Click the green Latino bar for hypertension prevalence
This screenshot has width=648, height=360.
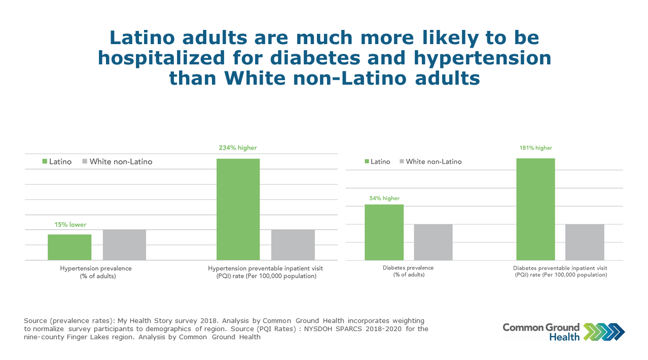pos(69,247)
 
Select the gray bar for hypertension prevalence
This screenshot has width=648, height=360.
pos(124,245)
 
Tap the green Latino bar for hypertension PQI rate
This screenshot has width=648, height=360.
pos(238,209)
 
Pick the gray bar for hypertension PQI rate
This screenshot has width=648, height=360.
pos(293,245)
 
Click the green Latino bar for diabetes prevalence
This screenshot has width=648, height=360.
pos(384,232)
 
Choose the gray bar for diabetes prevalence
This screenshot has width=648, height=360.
pos(433,242)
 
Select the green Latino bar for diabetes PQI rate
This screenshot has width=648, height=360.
pos(535,209)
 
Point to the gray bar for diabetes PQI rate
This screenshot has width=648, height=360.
pos(585,242)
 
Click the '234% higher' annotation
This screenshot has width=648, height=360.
pos(238,148)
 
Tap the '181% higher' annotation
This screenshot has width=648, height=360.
pos(535,148)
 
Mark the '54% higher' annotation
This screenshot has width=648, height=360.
pos(384,198)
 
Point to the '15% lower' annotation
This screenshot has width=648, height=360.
pos(70,225)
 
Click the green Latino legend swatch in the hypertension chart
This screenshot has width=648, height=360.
pos(44,162)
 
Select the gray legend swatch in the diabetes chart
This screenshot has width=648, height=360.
pos(402,162)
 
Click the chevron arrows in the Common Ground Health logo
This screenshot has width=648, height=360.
pos(604,331)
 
